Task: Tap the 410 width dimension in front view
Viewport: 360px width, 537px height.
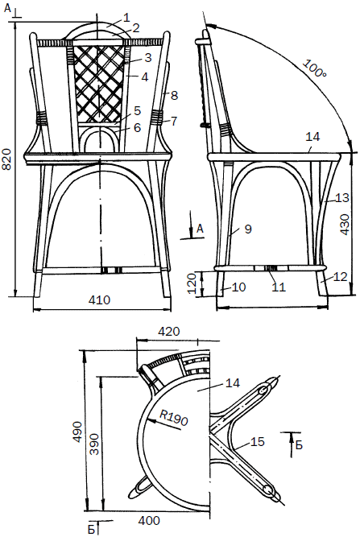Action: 99,299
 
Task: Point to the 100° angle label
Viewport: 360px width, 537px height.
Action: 314,68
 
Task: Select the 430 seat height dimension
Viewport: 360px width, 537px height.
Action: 345,225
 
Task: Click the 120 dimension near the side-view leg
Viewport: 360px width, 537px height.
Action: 192,283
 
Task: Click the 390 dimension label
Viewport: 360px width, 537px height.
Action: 93,444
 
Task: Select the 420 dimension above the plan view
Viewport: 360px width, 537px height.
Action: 168,332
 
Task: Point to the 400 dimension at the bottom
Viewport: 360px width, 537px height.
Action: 149,521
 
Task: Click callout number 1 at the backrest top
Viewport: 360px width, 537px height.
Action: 126,18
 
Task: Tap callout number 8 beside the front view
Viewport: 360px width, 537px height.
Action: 174,95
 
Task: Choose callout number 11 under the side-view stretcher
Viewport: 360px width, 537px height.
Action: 279,287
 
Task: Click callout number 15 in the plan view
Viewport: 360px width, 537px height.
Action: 257,442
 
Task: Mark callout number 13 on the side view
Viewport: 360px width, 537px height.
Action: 342,197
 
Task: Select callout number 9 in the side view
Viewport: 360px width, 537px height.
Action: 248,229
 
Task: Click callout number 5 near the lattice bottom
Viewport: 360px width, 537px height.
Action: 138,110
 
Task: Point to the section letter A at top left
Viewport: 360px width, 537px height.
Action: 7,8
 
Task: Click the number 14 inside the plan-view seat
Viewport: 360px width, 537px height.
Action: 233,382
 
